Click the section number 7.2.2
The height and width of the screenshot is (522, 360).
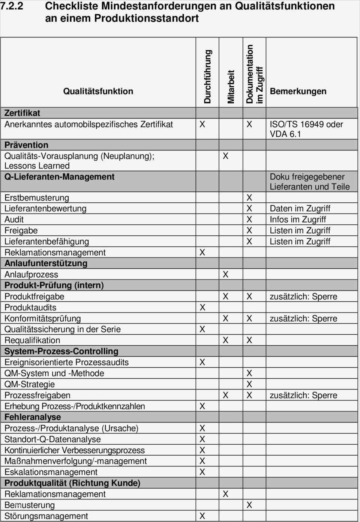[12, 6]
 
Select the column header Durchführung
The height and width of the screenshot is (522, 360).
[207, 77]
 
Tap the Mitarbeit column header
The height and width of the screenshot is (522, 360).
[231, 87]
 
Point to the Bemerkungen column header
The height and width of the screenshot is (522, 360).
[298, 91]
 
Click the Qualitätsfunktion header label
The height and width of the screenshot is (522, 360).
[98, 91]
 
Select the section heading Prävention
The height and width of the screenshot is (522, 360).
[26, 145]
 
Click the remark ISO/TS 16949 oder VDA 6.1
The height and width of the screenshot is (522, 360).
[306, 129]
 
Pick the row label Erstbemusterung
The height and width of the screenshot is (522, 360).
[37, 198]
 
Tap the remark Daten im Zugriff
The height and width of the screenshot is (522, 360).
[300, 209]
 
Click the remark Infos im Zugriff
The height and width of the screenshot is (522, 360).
[298, 220]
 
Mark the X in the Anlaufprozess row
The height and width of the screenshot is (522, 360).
[225, 275]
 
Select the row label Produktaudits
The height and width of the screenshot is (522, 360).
[30, 308]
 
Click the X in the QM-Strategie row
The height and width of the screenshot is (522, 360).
[249, 384]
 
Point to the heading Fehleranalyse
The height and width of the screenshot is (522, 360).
[33, 417]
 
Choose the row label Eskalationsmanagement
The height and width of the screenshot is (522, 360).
[51, 472]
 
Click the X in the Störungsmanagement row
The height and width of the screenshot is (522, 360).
[202, 516]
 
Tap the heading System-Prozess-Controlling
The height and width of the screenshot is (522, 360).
[61, 351]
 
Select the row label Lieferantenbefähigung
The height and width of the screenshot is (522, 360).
[46, 242]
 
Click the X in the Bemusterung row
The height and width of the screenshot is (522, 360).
[249, 505]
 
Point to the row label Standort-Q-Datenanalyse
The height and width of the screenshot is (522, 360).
[52, 439]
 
